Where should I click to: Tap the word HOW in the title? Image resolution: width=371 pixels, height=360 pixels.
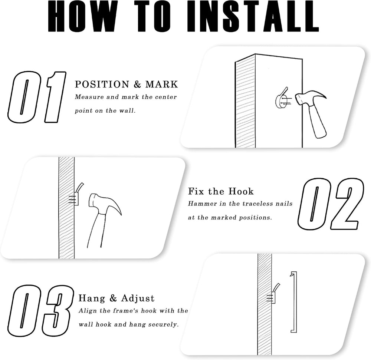(82, 16)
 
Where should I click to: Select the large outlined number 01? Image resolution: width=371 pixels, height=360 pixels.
(37, 97)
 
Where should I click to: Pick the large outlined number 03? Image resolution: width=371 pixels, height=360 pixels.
(40, 311)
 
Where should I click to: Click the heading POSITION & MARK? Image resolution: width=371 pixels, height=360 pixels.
(127, 85)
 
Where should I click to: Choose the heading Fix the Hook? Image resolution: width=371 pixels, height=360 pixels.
(221, 191)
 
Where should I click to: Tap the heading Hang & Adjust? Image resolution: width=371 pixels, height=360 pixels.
(116, 298)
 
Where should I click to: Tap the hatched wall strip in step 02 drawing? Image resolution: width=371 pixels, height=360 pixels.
(66, 208)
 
